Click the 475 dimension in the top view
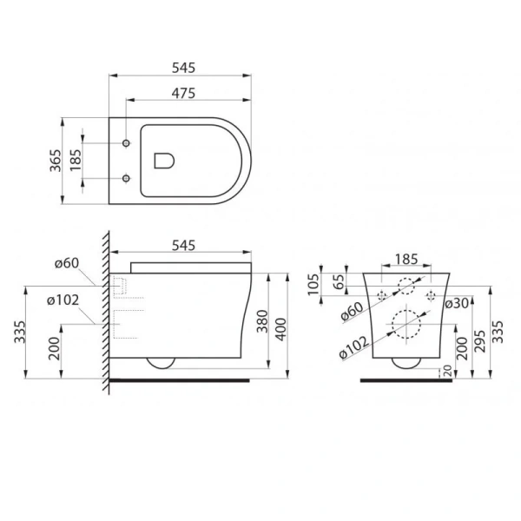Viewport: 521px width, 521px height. click(181, 92)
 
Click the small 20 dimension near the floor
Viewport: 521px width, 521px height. click(447, 371)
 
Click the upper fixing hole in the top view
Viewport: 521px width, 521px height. click(127, 142)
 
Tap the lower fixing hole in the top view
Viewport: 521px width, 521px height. click(127, 179)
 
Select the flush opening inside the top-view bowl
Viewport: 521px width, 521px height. click(162, 160)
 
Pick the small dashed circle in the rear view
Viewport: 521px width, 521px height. click(406, 286)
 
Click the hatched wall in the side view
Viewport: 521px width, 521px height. click(105, 313)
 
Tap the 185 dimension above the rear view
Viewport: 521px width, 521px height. click(406, 259)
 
